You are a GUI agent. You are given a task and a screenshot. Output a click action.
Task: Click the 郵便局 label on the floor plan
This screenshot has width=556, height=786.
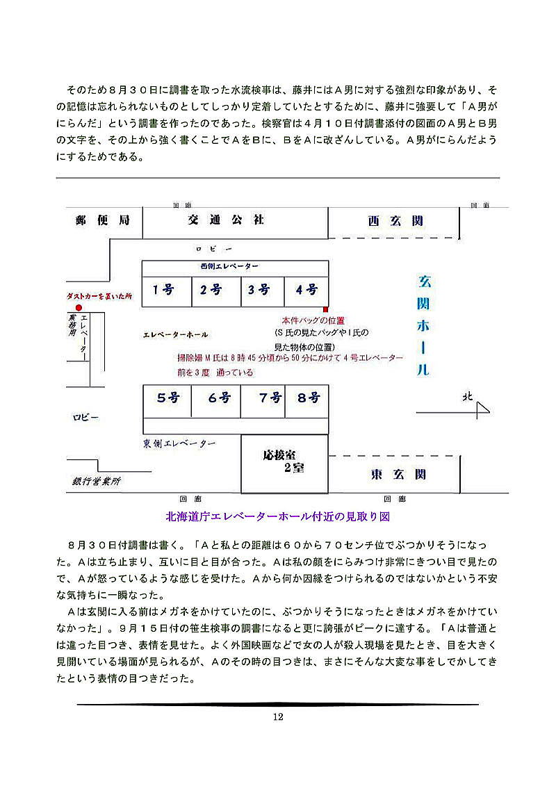click(103, 220)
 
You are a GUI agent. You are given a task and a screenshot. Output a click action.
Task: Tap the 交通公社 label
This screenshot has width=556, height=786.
click(226, 220)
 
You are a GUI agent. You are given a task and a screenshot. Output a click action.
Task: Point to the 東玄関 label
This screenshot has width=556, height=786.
click(398, 475)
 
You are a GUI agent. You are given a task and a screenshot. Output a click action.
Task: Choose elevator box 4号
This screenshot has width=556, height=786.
click(306, 290)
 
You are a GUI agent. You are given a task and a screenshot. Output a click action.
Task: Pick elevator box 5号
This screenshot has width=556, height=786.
click(167, 398)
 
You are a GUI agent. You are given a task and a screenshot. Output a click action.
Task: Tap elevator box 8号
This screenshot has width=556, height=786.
click(308, 398)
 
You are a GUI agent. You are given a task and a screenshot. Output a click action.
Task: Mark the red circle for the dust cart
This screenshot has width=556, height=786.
click(79, 308)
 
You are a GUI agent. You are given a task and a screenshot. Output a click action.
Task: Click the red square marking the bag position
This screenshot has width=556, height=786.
click(325, 309)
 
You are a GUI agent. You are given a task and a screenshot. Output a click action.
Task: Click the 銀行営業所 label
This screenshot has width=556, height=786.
click(97, 481)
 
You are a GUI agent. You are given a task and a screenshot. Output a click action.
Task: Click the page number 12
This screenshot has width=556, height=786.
click(278, 717)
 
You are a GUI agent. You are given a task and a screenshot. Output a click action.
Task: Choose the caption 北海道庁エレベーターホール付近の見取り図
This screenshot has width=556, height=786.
click(277, 516)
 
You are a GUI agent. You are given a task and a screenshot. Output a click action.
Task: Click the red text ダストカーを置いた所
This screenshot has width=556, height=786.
click(99, 295)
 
